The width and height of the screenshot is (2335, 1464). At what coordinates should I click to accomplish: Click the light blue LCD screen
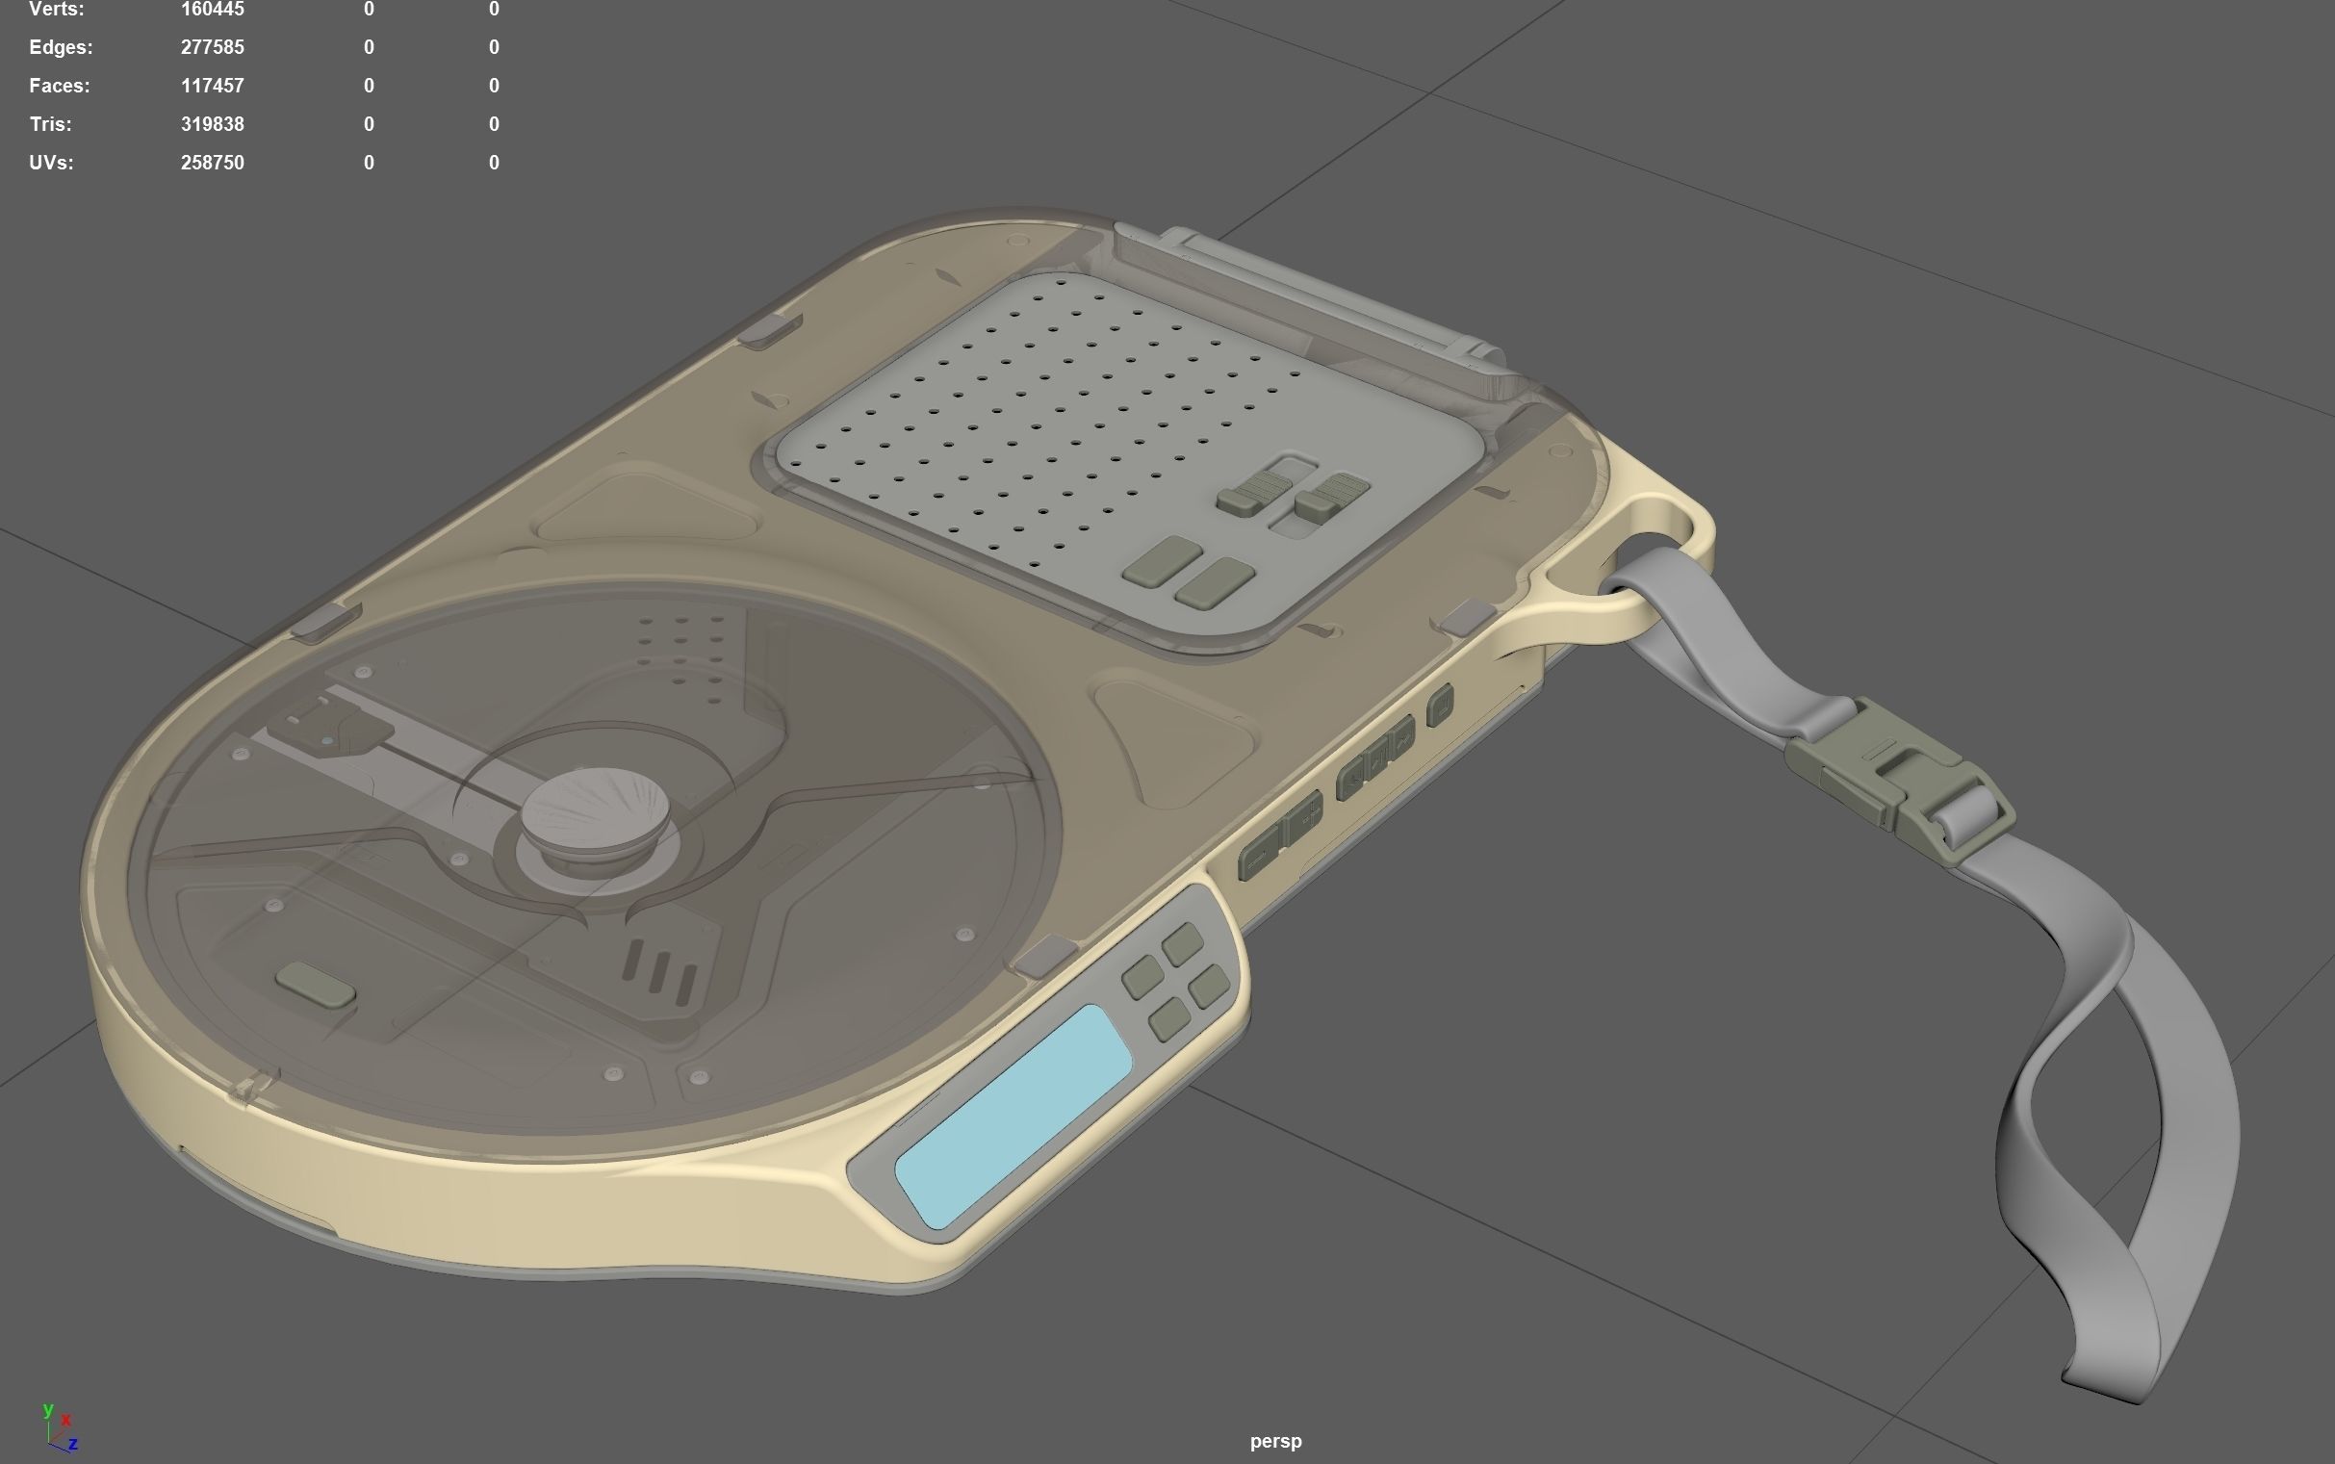point(1013,1116)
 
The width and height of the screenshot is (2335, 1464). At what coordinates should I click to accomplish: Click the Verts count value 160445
point(212,10)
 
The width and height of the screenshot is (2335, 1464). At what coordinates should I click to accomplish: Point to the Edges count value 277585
point(212,47)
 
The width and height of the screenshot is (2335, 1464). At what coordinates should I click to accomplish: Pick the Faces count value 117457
point(212,87)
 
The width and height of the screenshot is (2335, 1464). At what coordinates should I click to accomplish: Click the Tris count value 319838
point(212,125)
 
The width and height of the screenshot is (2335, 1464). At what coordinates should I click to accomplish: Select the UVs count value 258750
point(212,164)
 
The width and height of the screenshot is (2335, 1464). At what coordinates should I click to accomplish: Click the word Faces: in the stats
point(60,87)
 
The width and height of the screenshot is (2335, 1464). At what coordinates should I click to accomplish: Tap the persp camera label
point(1275,1442)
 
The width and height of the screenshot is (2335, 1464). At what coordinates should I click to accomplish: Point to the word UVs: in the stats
point(51,164)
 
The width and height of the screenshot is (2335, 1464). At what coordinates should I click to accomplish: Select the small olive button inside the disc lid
point(316,985)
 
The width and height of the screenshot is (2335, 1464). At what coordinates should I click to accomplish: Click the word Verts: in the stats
point(57,10)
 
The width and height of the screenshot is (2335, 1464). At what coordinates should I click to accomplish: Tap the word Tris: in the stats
point(50,125)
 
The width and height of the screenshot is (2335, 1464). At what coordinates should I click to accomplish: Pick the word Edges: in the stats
point(61,47)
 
